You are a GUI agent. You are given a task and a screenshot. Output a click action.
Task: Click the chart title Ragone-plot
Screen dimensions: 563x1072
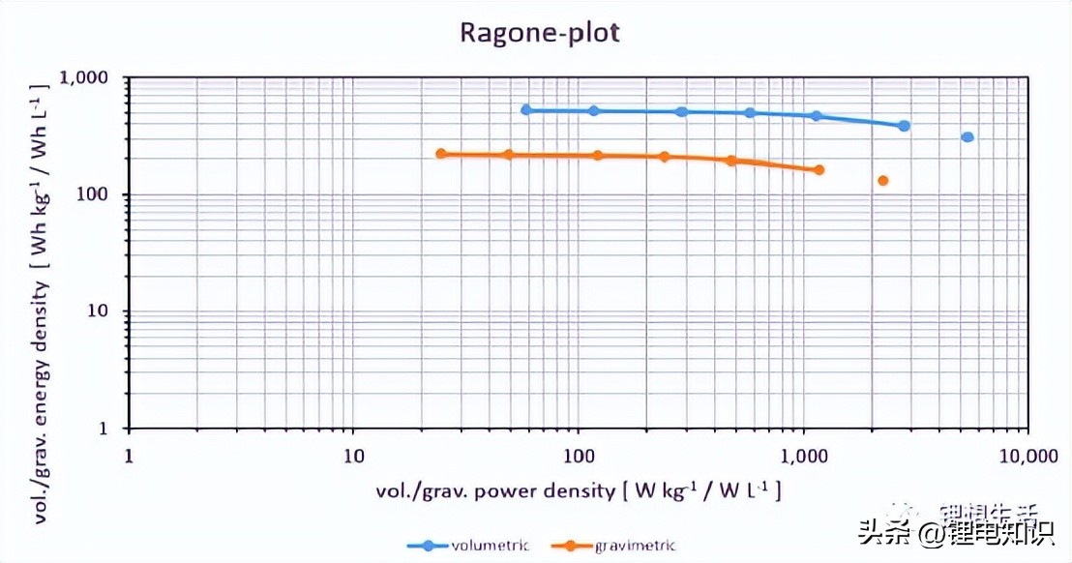click(x=539, y=32)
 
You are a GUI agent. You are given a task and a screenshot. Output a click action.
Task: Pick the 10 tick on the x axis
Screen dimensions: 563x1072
click(x=353, y=455)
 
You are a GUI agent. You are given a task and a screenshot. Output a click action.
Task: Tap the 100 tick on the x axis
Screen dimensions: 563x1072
click(x=579, y=455)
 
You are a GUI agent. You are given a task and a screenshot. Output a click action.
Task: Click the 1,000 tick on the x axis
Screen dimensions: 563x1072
click(x=803, y=455)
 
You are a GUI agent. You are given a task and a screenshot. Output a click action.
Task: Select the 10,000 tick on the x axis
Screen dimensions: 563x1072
click(x=1027, y=455)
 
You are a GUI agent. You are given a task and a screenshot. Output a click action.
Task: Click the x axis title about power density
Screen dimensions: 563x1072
click(x=578, y=489)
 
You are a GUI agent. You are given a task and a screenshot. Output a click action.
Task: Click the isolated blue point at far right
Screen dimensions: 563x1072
click(x=968, y=137)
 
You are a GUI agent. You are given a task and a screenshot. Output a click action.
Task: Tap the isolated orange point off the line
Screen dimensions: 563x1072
click(x=882, y=181)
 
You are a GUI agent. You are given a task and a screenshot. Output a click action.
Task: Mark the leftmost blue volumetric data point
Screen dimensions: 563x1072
click(x=526, y=110)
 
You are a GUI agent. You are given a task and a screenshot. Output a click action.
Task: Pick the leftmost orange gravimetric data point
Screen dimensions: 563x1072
click(x=441, y=154)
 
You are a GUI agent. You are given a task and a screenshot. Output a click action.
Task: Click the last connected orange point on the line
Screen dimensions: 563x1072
click(x=819, y=170)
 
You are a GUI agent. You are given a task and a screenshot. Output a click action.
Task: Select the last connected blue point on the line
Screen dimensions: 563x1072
click(x=904, y=126)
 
